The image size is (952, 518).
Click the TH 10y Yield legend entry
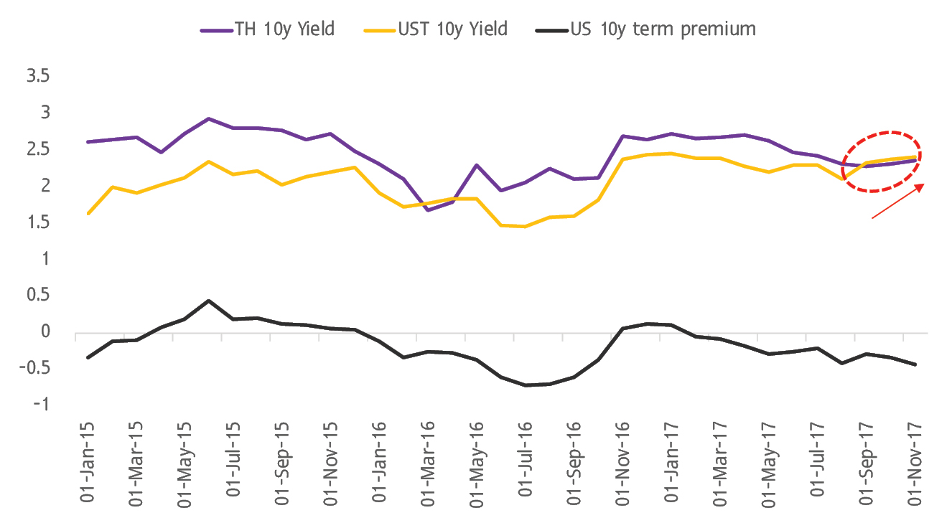[x=268, y=29]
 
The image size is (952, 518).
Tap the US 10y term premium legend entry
[x=645, y=29]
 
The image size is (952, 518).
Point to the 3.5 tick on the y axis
[x=37, y=76]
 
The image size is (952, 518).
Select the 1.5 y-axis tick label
[x=37, y=222]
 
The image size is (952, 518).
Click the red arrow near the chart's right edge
[x=897, y=201]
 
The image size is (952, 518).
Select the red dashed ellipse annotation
[x=882, y=161]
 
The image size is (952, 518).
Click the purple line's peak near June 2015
[x=208, y=118]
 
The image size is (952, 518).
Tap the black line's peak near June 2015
[x=208, y=301]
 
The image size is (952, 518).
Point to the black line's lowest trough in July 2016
[x=526, y=385]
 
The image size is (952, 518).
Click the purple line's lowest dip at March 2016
[x=429, y=210]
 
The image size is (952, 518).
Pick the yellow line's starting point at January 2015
[x=88, y=213]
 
